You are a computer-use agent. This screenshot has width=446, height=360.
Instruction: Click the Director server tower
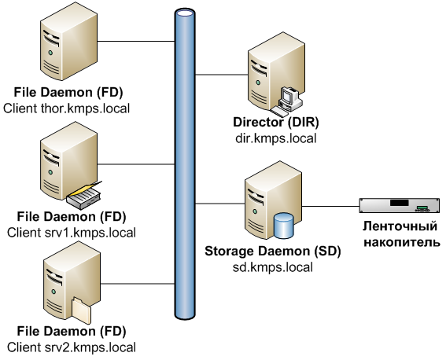[x=276, y=71]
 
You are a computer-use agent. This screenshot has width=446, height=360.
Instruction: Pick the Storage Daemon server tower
[x=273, y=200]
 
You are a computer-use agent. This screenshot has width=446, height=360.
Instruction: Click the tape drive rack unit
[x=400, y=205]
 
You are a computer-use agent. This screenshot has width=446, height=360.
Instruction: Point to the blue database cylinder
[x=284, y=226]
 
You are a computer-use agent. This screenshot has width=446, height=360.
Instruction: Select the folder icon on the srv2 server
[x=81, y=310]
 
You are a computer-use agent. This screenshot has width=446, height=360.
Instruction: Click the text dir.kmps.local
[x=276, y=138]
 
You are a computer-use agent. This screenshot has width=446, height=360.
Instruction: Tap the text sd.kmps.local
[x=273, y=267]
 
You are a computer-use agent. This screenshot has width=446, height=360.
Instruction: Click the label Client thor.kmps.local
[x=67, y=108]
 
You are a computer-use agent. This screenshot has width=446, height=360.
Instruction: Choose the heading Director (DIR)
[x=276, y=122]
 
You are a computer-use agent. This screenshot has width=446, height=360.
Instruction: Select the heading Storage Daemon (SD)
[x=273, y=252]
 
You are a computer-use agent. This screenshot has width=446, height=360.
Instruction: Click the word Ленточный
[x=400, y=226]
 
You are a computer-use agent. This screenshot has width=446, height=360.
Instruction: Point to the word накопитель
[x=402, y=242]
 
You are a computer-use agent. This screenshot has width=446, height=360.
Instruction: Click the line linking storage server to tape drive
[x=330, y=206]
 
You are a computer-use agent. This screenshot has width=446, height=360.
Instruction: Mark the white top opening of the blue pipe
[x=185, y=13]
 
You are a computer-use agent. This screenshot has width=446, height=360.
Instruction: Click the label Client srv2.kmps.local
[x=72, y=347]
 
